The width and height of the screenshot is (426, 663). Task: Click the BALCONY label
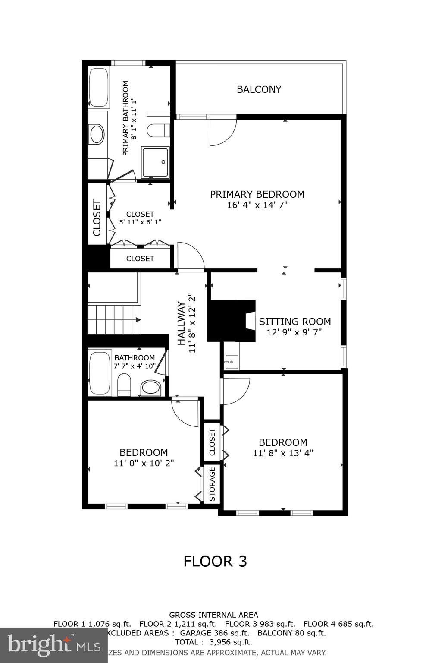coord(259,89)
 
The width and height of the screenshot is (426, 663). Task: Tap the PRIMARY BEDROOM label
coord(257,194)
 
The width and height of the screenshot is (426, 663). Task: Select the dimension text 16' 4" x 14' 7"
coord(257,205)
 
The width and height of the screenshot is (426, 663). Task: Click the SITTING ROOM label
coord(295,322)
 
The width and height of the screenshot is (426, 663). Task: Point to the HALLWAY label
coord(182,323)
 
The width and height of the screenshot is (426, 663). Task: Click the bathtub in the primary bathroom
coord(98,87)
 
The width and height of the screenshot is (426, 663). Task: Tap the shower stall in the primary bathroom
coord(156,162)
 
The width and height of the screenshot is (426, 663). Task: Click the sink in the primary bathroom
coord(97,134)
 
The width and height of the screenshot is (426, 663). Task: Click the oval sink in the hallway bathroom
coord(150,387)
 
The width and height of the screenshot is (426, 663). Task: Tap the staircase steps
coord(113,319)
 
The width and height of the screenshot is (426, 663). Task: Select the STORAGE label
coord(212,484)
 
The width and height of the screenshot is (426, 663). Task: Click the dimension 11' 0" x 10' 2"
coord(144,463)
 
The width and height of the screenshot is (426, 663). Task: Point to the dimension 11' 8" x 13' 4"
coord(283,453)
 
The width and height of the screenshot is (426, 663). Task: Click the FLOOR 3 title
coord(215,561)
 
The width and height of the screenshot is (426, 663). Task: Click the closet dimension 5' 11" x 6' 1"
coord(140,222)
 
